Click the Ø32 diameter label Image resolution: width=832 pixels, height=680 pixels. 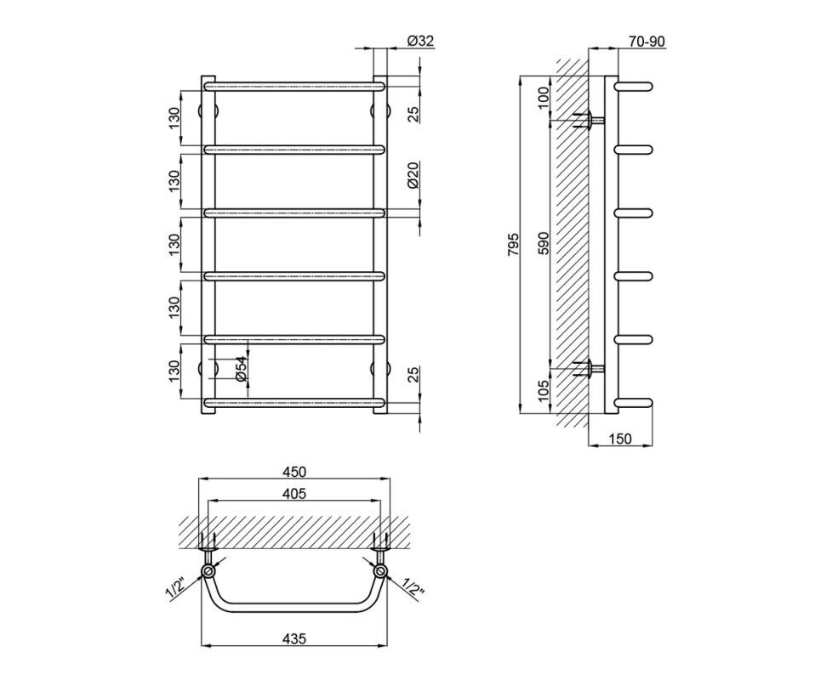[x=421, y=42]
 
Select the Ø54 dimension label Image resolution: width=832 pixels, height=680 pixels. [x=241, y=368]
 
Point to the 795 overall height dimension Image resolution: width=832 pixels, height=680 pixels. [x=513, y=244]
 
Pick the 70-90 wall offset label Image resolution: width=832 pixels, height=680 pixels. [x=645, y=42]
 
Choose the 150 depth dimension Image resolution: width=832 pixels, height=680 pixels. [x=620, y=439]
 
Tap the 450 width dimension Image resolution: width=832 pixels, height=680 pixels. [x=294, y=471]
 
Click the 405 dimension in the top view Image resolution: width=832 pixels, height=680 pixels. [x=294, y=494]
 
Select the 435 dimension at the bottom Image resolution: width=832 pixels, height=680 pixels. [x=294, y=638]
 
